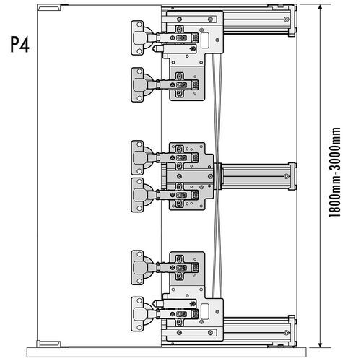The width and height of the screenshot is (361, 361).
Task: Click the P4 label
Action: pyautogui.click(x=20, y=45)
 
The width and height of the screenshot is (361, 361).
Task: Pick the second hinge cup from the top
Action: pyautogui.click(x=139, y=84)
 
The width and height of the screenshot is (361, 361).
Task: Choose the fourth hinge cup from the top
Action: pyautogui.click(x=139, y=195)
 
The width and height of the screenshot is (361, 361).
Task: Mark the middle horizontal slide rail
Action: pyautogui.click(x=256, y=175)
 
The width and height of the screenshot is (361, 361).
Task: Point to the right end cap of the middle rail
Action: pyautogui.click(x=290, y=175)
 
